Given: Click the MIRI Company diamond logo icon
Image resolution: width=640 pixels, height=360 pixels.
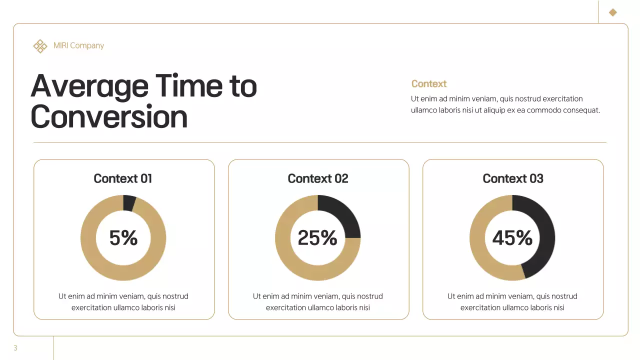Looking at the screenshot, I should click(40, 46).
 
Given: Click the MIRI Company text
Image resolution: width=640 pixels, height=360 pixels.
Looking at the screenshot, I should click(78, 45).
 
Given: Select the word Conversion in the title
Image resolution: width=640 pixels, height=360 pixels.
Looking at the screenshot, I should click(109, 116).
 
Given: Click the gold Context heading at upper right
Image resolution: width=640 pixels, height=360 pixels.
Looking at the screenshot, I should click(428, 83).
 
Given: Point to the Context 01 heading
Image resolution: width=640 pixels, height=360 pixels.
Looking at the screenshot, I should click(123, 178).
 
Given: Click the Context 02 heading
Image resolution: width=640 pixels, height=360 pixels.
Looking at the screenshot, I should click(318, 178).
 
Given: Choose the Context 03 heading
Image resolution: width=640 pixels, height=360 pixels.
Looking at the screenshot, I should click(512, 178).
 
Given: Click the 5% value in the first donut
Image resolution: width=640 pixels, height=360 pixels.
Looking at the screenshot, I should click(123, 238).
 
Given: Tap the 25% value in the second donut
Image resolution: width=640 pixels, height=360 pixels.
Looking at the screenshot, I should click(317, 238).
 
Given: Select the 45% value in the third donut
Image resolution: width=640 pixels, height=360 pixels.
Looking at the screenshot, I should click(512, 238).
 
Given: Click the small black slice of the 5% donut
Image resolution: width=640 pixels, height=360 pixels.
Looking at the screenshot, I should click(129, 203).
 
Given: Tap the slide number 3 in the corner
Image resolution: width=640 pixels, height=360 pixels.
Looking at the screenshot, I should click(15, 348).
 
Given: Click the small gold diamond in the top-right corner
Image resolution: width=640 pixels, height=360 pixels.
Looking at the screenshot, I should click(612, 12).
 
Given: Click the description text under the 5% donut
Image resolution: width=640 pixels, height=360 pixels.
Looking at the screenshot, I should click(123, 301).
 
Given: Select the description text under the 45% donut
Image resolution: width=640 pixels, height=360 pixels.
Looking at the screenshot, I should click(512, 301).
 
